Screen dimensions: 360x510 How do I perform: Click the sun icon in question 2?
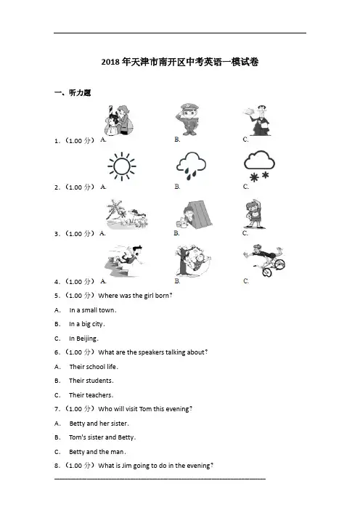tap(122, 166)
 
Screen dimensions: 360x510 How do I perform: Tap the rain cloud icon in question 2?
tap(191, 166)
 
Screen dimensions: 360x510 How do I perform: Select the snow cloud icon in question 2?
tap(259, 166)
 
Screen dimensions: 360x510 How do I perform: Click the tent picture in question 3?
tap(194, 214)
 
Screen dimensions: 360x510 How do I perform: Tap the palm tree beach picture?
tap(127, 214)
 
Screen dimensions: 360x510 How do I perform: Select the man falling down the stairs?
tap(124, 261)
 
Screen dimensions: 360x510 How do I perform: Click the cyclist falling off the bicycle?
tap(264, 260)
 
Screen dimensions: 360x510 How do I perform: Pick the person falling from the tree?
tap(193, 261)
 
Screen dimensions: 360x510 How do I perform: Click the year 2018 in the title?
tap(110, 62)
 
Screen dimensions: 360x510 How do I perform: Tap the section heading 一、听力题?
tap(73, 93)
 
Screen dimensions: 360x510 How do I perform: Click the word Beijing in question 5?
tap(86, 339)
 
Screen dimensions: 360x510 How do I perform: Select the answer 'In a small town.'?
tap(93, 310)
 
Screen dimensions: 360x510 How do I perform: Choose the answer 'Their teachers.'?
tap(91, 395)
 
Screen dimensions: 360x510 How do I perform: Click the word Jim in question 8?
tap(126, 466)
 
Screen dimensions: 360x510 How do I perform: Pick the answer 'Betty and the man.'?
tap(97, 452)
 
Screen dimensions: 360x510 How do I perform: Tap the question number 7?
tap(57, 409)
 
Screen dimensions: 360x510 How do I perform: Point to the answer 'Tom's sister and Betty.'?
tap(102, 437)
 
